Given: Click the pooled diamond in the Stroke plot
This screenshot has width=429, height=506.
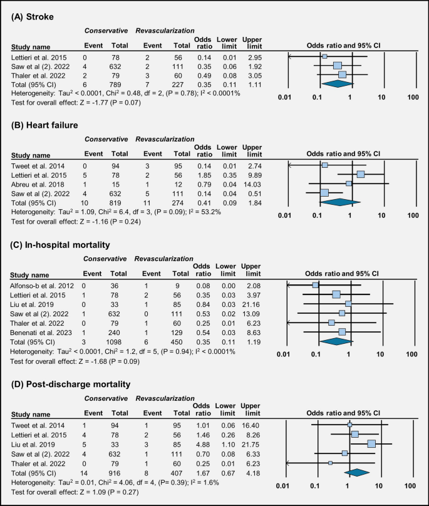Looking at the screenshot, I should [x=337, y=83].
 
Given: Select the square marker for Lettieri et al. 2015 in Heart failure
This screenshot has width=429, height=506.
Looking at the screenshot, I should [x=361, y=174].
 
